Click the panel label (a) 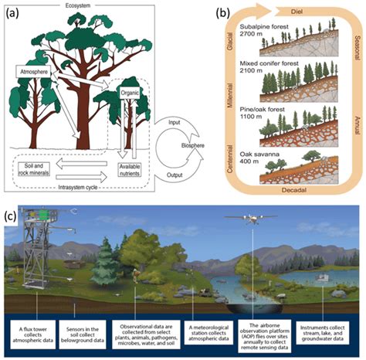(16, 13)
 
